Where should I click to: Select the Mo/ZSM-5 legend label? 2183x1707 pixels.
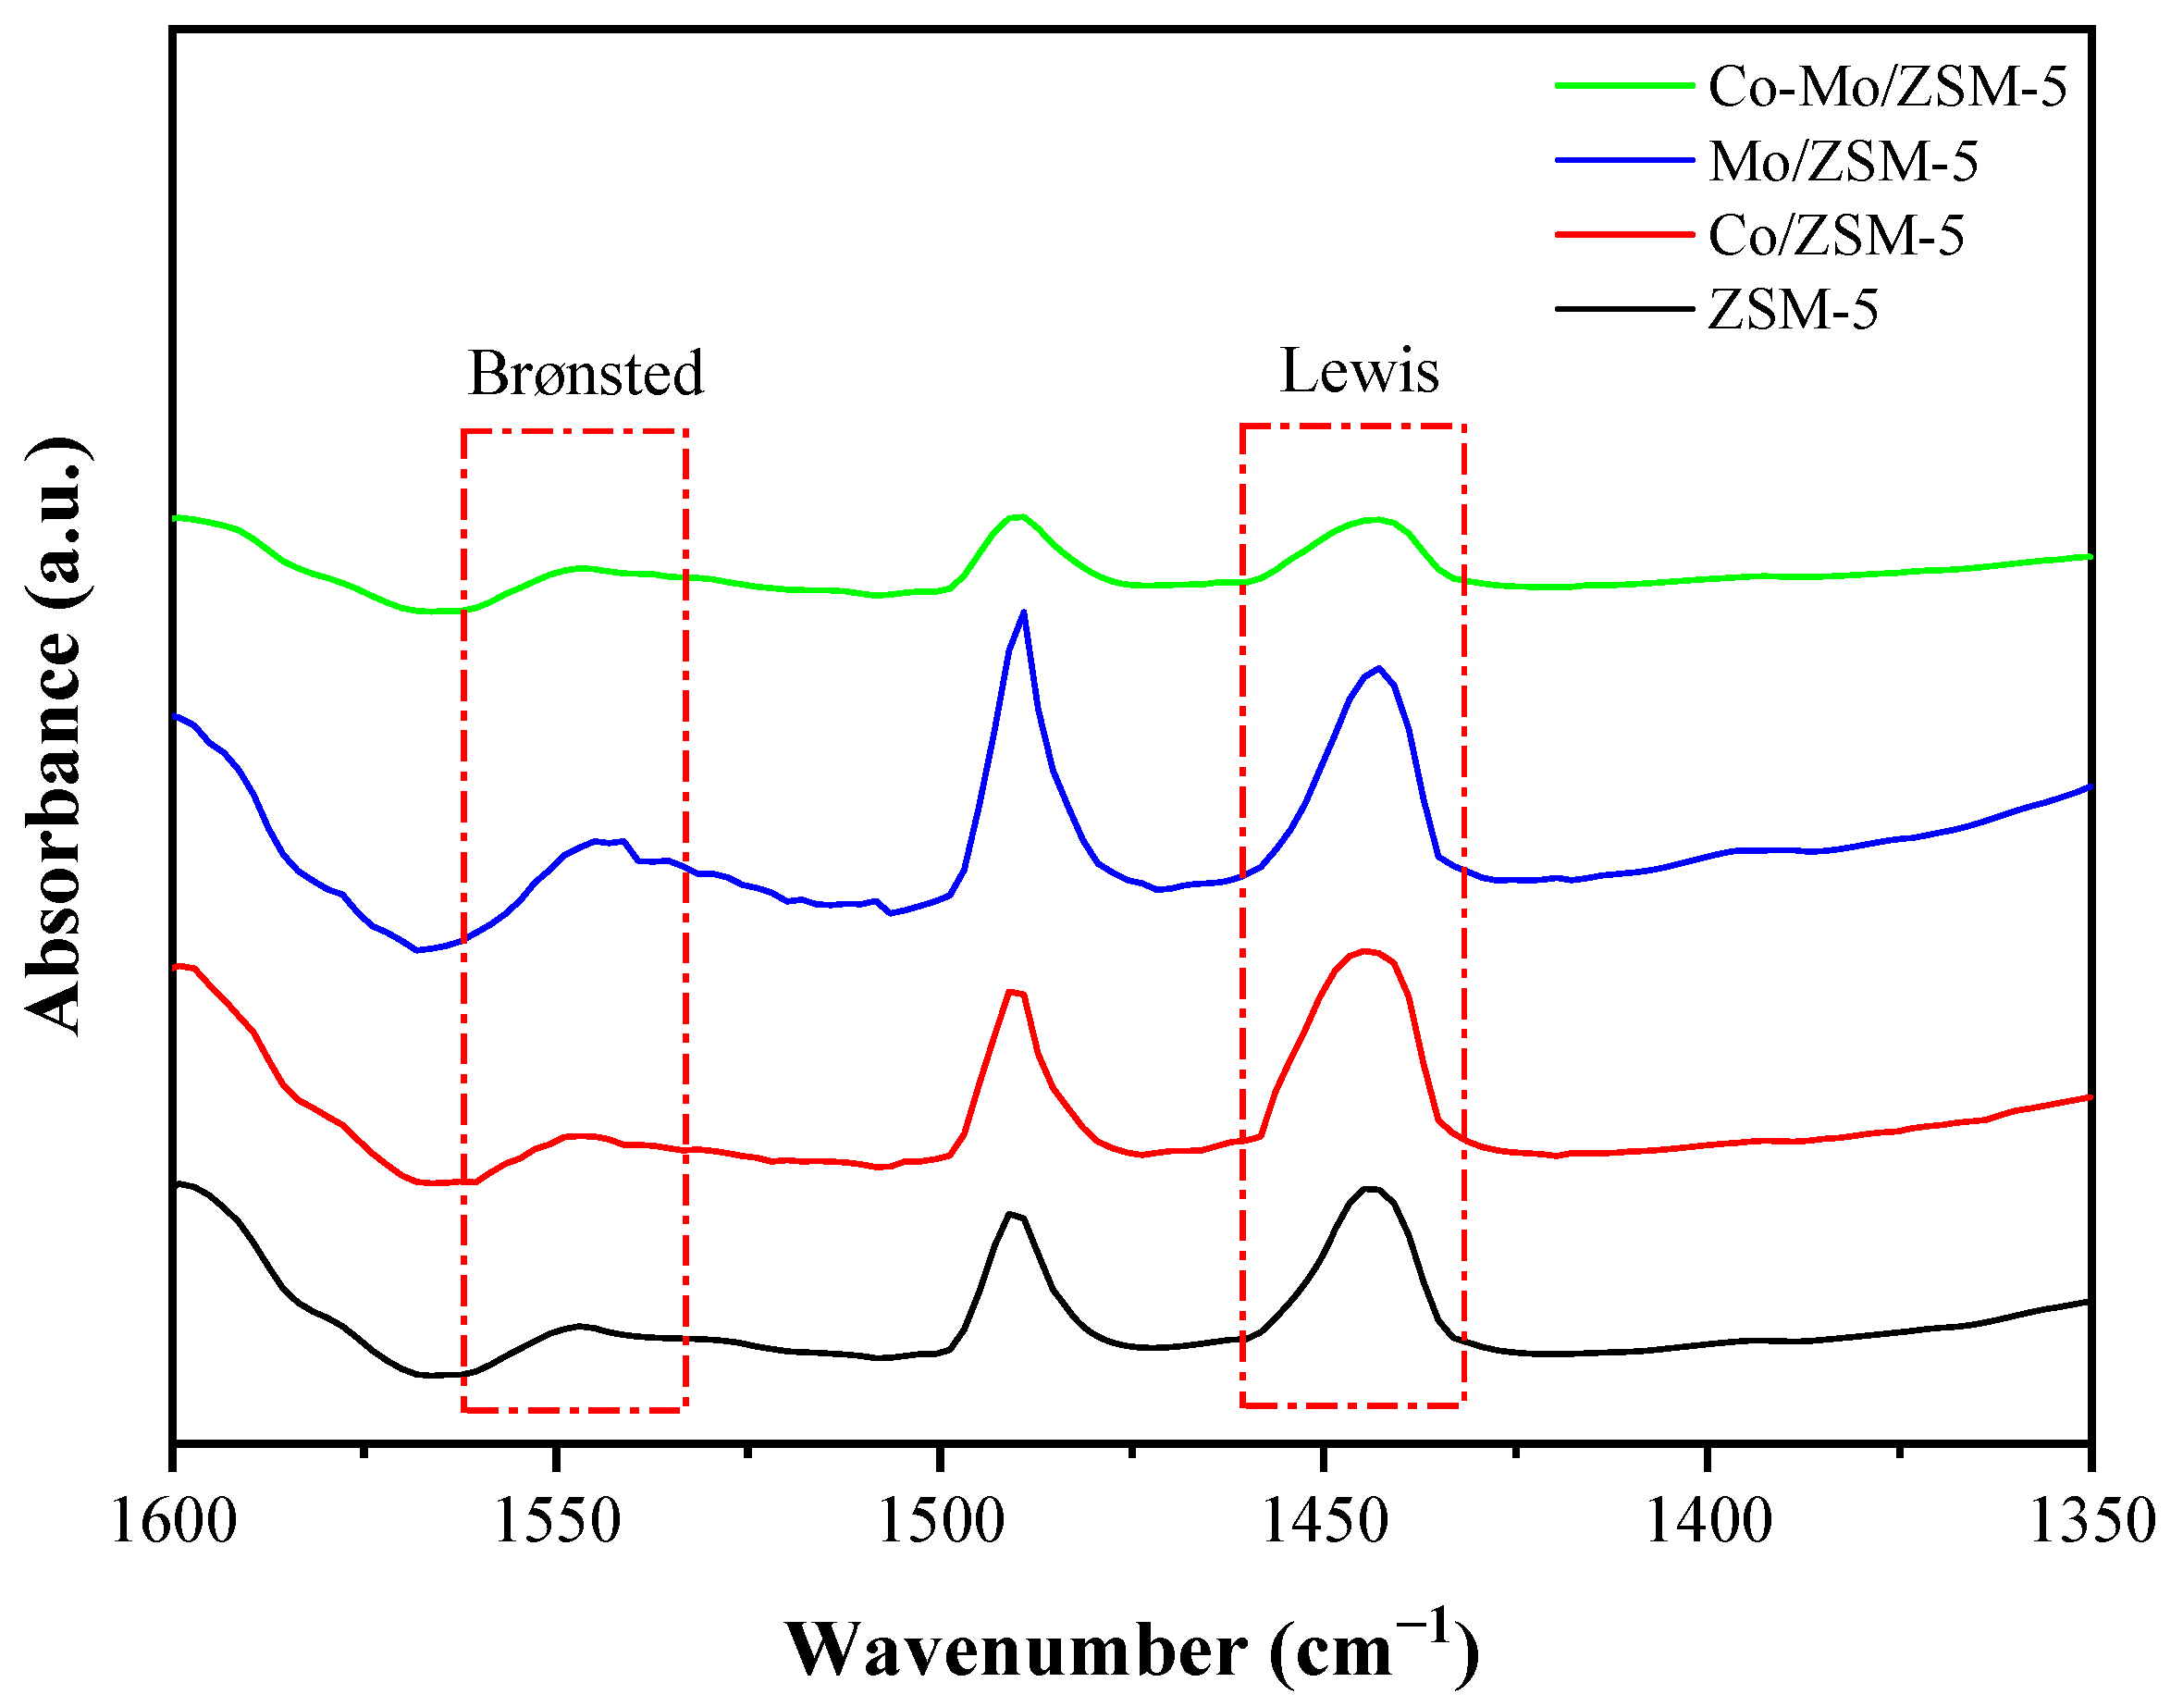pyautogui.click(x=1844, y=161)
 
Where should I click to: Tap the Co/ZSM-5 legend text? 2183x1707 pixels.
pyautogui.click(x=1836, y=236)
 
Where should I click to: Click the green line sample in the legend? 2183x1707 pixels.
pyautogui.click(x=1624, y=86)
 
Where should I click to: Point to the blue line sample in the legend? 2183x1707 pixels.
pyautogui.click(x=1624, y=160)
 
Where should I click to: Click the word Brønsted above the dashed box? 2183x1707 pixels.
pyautogui.click(x=586, y=373)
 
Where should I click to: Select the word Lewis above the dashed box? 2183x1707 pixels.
pyautogui.click(x=1359, y=371)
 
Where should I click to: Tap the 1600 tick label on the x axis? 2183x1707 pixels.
pyautogui.click(x=174, y=1521)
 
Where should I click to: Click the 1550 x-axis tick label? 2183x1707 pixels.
pyautogui.click(x=558, y=1521)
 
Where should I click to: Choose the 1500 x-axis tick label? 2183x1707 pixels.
pyautogui.click(x=941, y=1521)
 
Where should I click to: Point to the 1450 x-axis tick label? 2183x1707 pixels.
pyautogui.click(x=1325, y=1521)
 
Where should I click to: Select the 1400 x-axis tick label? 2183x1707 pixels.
pyautogui.click(x=1708, y=1521)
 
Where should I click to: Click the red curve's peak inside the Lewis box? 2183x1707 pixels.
pyautogui.click(x=1364, y=951)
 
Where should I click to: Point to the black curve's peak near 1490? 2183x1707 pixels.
pyautogui.click(x=1012, y=1214)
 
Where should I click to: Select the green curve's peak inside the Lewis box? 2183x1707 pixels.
pyautogui.click(x=1376, y=519)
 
